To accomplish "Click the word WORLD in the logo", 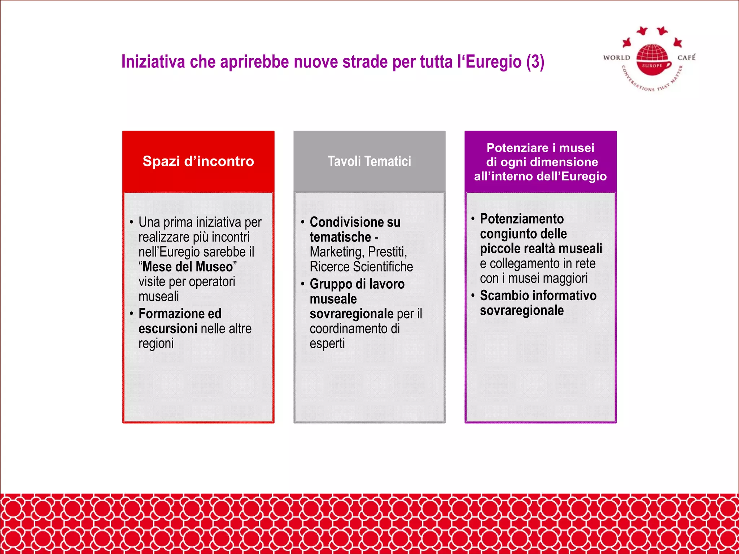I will pos(617,58).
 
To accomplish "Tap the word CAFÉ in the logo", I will pos(686,57).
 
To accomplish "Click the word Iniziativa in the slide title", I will pos(153,62).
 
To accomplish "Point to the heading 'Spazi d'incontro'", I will pos(198,161).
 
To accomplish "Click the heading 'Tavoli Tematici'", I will pos(369,161).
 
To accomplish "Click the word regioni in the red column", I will pos(156,343).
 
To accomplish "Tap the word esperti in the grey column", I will pos(327,343).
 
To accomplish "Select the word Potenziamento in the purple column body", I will pos(521,219).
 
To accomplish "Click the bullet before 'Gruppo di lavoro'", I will pos(302,284).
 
